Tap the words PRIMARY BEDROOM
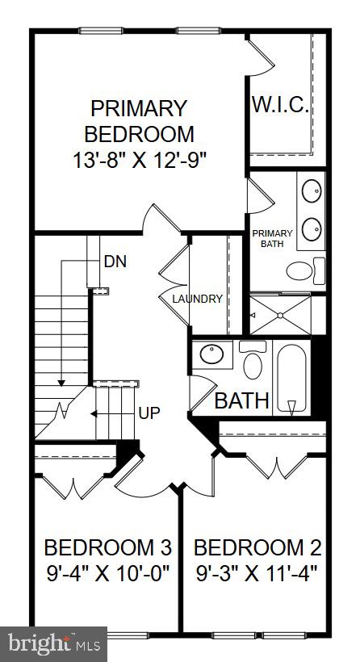pos(138,120)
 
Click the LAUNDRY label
pos(197,299)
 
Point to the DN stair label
pos(115,262)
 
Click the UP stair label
pos(149,413)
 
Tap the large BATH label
pos(241,400)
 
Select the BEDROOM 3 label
pos(107,548)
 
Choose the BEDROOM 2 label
pos(257,548)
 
